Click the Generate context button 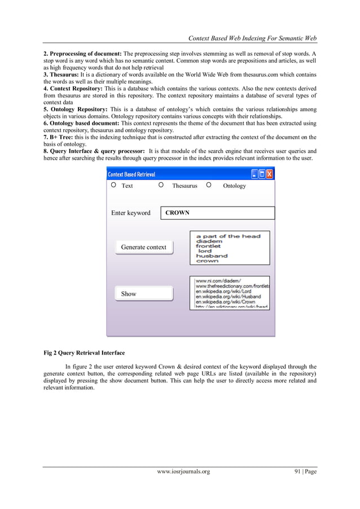(144, 247)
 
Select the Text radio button (113, 185)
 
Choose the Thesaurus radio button (161, 185)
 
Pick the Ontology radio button (209, 185)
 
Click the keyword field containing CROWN (217, 213)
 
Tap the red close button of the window (269, 174)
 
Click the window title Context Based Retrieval (131, 174)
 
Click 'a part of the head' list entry (227, 236)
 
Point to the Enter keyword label (130, 213)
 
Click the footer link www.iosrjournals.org (179, 472)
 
